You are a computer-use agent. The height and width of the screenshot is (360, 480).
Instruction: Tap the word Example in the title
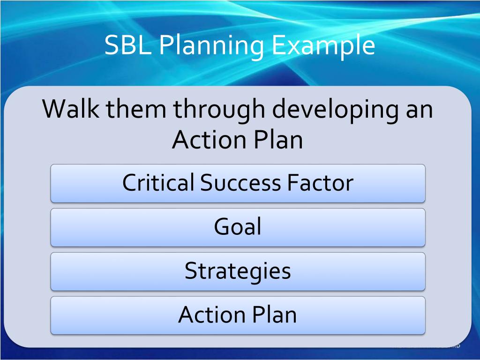pos(323,46)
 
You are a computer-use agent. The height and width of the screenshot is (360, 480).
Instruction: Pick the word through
pos(219,111)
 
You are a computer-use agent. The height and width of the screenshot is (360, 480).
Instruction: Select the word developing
pos(336,111)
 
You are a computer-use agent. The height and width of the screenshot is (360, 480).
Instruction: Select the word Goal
pos(238,226)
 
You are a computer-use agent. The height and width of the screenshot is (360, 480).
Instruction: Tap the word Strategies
pos(238,272)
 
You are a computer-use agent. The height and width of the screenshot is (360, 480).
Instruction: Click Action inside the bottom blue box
pos(212,315)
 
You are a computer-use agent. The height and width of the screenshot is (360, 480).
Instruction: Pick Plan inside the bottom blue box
pos(275,315)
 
